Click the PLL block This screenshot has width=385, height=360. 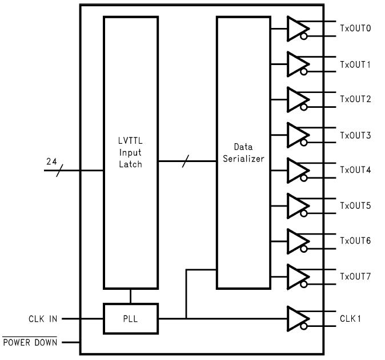[x=130, y=318]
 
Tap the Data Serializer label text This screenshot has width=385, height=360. [x=243, y=153]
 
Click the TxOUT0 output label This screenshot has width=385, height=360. [x=355, y=29]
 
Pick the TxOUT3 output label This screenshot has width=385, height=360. [x=355, y=135]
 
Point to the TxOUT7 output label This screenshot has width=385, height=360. [x=355, y=277]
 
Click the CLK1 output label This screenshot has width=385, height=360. [x=351, y=318]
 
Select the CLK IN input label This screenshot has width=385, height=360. [x=43, y=319]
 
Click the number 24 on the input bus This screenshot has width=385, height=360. [x=51, y=161]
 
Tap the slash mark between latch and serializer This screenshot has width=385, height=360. [x=184, y=161]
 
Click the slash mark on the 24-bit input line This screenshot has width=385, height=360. [x=59, y=169]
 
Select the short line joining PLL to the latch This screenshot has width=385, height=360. [x=130, y=296]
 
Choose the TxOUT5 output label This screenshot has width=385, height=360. [x=355, y=206]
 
